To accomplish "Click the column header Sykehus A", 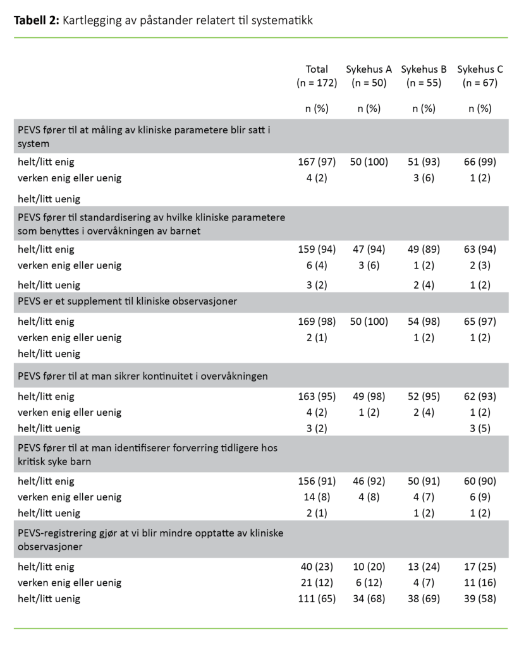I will [369, 70].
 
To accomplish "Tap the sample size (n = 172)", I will [317, 83].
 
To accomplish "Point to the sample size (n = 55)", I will [424, 83].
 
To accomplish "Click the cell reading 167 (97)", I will [317, 162].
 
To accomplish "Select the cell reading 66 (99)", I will [480, 162].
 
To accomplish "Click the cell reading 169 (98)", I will [317, 322].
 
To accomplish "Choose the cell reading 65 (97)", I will [480, 322].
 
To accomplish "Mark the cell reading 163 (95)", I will [317, 397].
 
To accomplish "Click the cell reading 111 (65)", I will [317, 598].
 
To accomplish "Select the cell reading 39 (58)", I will [480, 598].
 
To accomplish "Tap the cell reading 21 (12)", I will [317, 583].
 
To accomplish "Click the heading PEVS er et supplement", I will [127, 301].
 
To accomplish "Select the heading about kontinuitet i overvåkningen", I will [143, 377].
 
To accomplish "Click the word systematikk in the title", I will [279, 21].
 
